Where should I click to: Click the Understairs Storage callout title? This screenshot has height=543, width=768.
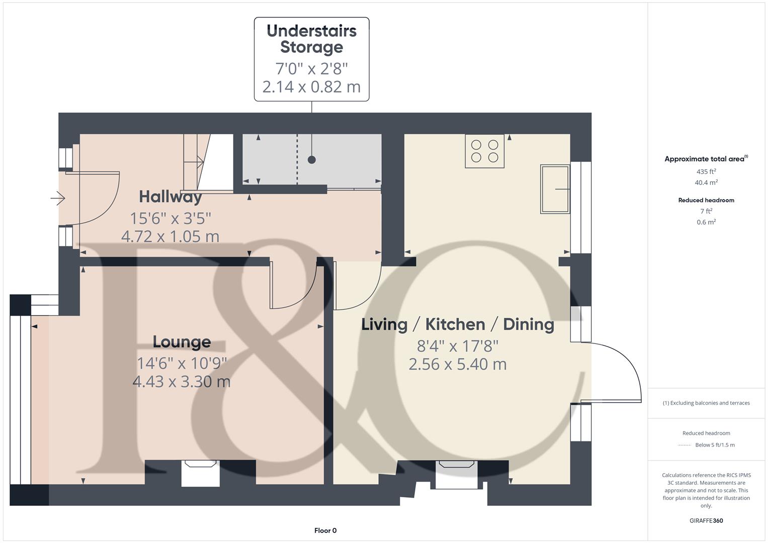click(x=311, y=39)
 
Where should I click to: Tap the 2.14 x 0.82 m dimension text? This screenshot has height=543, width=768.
click(x=311, y=86)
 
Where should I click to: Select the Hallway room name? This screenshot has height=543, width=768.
click(x=170, y=197)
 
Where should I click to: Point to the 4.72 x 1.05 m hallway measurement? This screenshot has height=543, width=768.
click(x=170, y=236)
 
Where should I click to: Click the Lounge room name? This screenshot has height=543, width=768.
click(x=182, y=342)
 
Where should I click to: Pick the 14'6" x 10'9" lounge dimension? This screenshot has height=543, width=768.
click(x=182, y=363)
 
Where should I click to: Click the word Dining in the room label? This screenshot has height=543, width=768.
click(x=528, y=324)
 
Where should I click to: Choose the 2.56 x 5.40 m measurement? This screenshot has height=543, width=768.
click(x=457, y=364)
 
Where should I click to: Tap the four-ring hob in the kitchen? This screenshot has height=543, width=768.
click(x=484, y=151)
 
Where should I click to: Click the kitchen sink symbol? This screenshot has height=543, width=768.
click(x=555, y=189)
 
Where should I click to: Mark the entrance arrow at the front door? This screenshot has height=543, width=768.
click(x=58, y=199)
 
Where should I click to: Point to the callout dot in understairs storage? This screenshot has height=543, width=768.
click(x=312, y=160)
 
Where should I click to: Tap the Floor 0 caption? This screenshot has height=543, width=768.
click(x=325, y=530)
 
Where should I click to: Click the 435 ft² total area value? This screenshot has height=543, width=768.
click(x=706, y=171)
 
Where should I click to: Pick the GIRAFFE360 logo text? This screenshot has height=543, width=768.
click(x=706, y=521)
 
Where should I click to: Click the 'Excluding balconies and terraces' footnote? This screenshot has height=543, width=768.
click(x=706, y=403)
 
